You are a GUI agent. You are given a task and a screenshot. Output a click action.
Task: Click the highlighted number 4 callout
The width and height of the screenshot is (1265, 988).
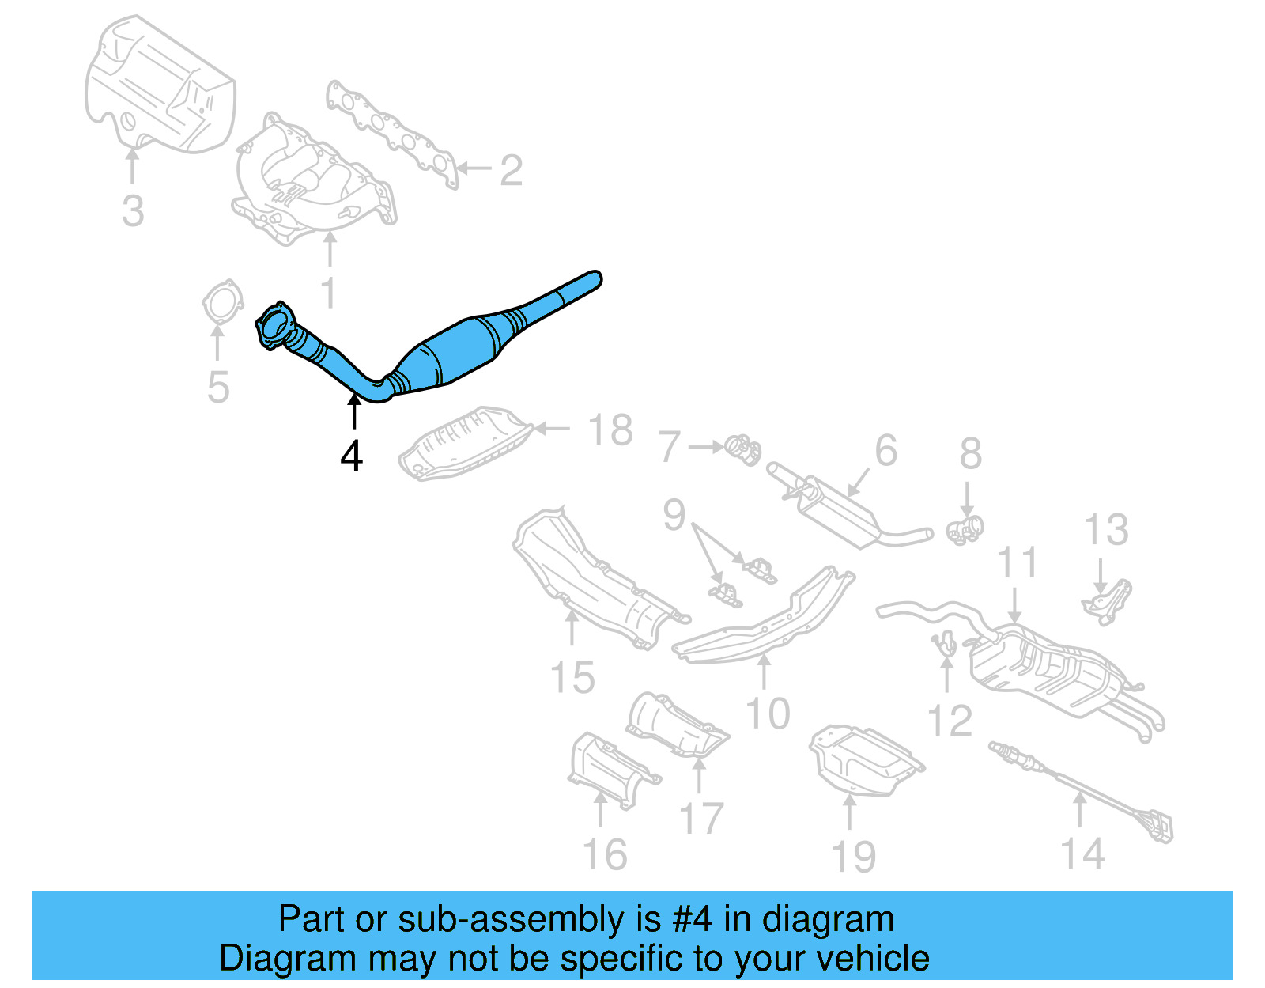352,456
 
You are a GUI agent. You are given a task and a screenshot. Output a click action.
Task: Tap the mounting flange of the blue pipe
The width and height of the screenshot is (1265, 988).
273,325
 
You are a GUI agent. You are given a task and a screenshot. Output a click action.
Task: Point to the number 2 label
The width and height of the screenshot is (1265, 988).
512,170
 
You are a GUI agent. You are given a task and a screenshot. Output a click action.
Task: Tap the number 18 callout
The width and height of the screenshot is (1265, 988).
610,430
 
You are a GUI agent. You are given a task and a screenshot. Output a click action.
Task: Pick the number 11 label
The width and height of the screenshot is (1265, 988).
1017,563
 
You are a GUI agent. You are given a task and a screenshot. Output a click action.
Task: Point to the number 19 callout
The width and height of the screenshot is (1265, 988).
854,857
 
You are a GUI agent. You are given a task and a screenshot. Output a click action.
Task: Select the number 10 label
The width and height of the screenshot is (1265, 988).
768,714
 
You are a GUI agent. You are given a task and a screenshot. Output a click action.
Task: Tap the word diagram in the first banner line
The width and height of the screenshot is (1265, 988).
828,919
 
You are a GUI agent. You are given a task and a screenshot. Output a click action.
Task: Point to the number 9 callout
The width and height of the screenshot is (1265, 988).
674,515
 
